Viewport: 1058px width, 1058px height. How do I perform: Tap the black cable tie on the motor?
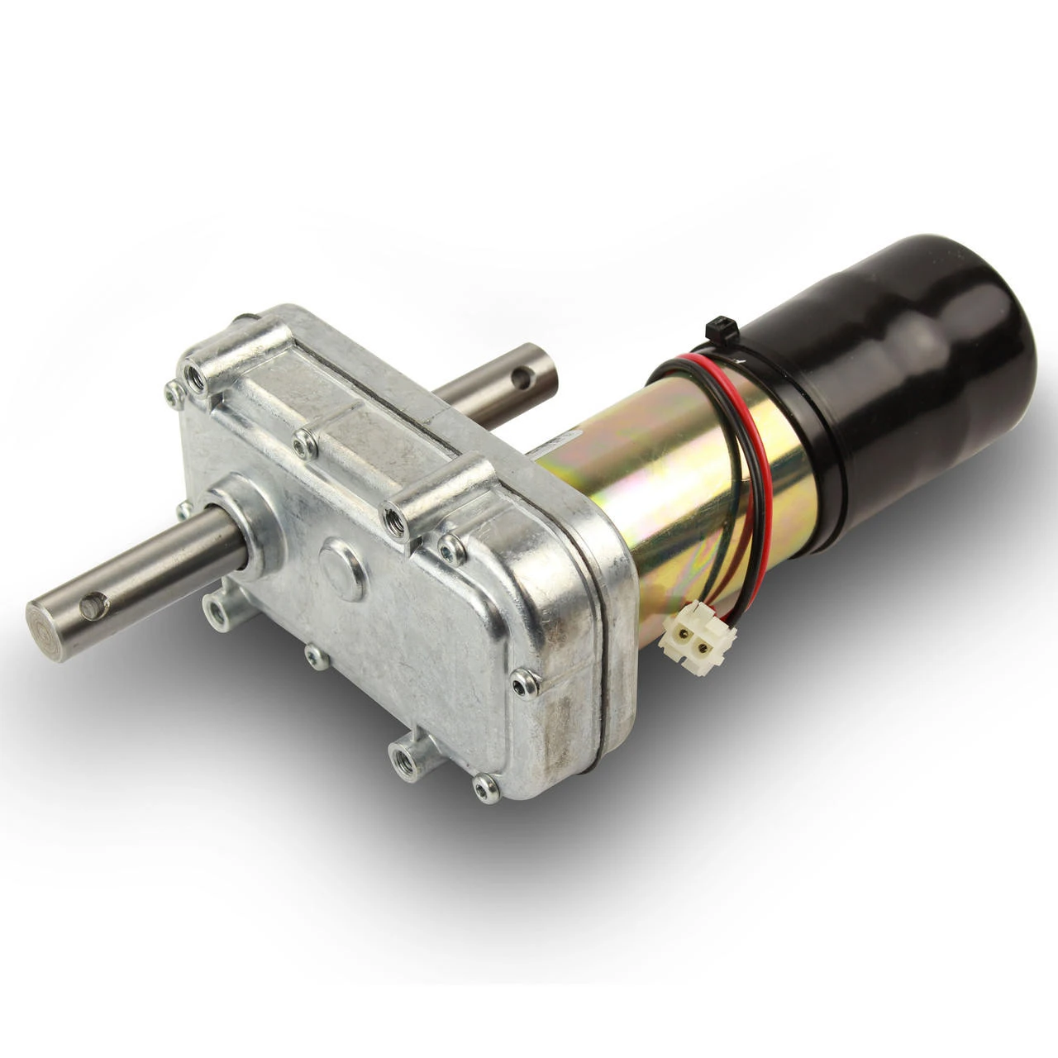[x=716, y=329]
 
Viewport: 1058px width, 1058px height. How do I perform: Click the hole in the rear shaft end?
[x=518, y=379]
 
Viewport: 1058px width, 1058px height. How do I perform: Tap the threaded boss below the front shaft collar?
[x=217, y=612]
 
